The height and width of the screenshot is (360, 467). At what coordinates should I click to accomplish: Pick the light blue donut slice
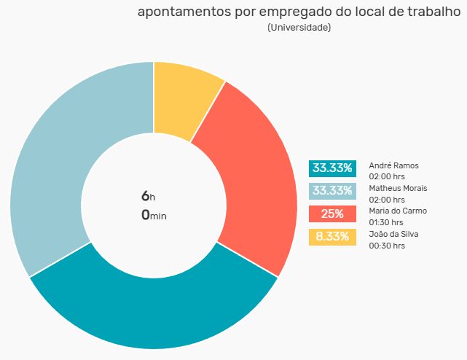point(60,155)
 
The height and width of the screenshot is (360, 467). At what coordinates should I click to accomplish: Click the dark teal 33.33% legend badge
point(332,168)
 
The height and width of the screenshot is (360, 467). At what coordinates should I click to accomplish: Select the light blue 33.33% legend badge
point(332,191)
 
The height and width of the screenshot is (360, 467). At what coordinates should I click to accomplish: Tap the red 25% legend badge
point(332,214)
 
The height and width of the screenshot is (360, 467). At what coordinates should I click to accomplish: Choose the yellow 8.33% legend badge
point(332,237)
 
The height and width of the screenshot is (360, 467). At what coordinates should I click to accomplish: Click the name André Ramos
point(393,165)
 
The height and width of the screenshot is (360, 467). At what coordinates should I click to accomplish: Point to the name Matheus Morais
point(398,188)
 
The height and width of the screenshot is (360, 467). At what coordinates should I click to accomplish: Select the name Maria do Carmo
point(398,211)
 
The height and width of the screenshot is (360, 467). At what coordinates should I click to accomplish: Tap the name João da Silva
point(393,234)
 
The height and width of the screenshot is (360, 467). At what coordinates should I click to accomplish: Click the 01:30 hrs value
point(386,222)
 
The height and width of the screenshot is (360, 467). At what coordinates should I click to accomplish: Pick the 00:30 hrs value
point(387,246)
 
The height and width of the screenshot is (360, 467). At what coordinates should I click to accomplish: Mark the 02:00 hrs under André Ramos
point(387,176)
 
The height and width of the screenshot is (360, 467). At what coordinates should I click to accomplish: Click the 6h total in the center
point(149,196)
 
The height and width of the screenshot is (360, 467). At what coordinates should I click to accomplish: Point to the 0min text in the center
point(154,215)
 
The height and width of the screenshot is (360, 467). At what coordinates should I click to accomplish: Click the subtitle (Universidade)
point(299,28)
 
